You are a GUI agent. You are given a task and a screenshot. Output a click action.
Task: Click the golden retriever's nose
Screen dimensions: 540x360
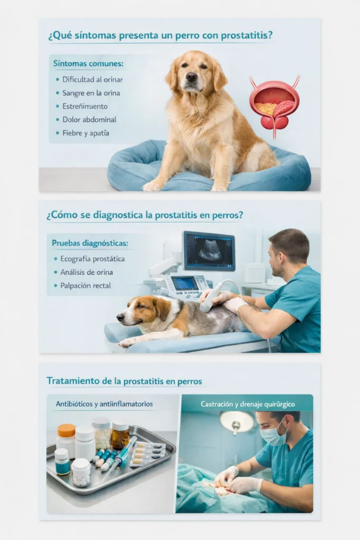pyautogui.click(x=191, y=77)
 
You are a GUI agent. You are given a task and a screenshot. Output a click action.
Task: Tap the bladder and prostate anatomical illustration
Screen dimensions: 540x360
pyautogui.click(x=274, y=105)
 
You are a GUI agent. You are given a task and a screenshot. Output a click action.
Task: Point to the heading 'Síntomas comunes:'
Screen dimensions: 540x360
pyautogui.click(x=88, y=64)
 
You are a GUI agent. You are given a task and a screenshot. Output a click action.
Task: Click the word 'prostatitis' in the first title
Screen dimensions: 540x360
pyautogui.click(x=246, y=36)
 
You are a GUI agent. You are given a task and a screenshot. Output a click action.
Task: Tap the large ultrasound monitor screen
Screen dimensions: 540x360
pyautogui.click(x=209, y=251)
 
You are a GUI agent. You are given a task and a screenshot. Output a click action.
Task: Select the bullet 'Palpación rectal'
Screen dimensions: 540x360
pyautogui.click(x=89, y=286)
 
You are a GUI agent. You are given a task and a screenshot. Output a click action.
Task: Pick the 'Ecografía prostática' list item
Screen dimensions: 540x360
pyautogui.click(x=93, y=259)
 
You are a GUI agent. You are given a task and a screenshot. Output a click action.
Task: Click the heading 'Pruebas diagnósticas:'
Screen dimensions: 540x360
pyautogui.click(x=90, y=244)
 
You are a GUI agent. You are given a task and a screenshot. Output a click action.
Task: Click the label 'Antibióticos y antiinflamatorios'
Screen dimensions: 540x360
pyautogui.click(x=104, y=404)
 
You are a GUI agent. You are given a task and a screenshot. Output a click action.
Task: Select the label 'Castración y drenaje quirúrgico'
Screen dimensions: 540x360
pyautogui.click(x=248, y=404)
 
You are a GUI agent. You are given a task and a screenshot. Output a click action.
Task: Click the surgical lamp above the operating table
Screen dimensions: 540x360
pyautogui.click(x=237, y=421)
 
